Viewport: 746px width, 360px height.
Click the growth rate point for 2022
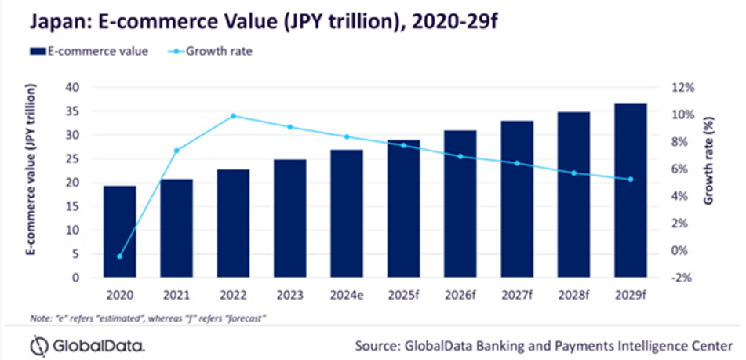233,116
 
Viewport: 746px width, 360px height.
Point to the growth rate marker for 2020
120,256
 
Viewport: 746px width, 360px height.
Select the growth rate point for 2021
176,151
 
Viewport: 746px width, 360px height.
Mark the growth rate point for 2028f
574,173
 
